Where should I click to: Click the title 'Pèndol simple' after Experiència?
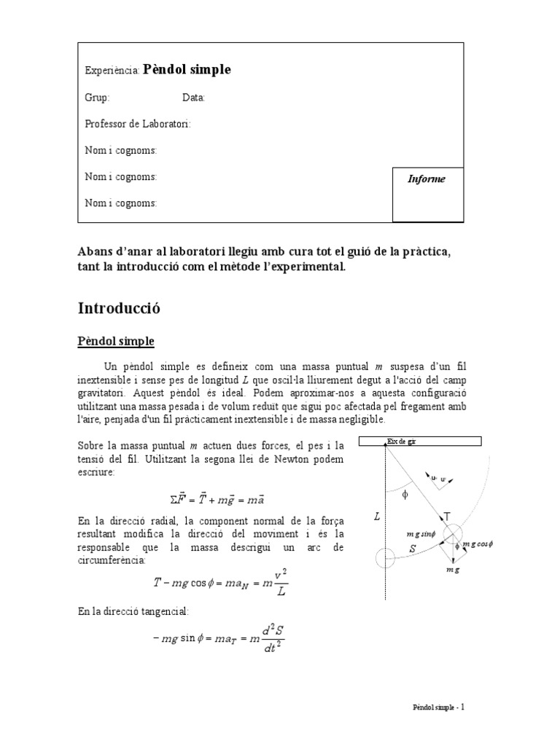click(x=187, y=70)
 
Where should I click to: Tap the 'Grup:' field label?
click(x=98, y=98)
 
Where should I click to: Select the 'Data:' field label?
click(x=193, y=98)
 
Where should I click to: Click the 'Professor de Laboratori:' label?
click(x=138, y=125)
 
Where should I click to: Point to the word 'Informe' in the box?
click(x=426, y=179)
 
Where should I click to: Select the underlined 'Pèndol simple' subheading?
click(x=116, y=341)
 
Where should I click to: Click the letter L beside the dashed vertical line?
click(x=376, y=517)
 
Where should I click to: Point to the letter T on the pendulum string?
click(x=447, y=516)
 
